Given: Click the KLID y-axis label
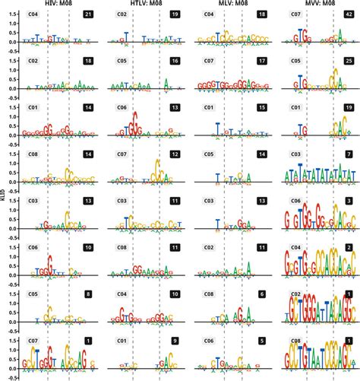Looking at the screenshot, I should pos(4,195).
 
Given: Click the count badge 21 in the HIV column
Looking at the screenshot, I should pos(88,15).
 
